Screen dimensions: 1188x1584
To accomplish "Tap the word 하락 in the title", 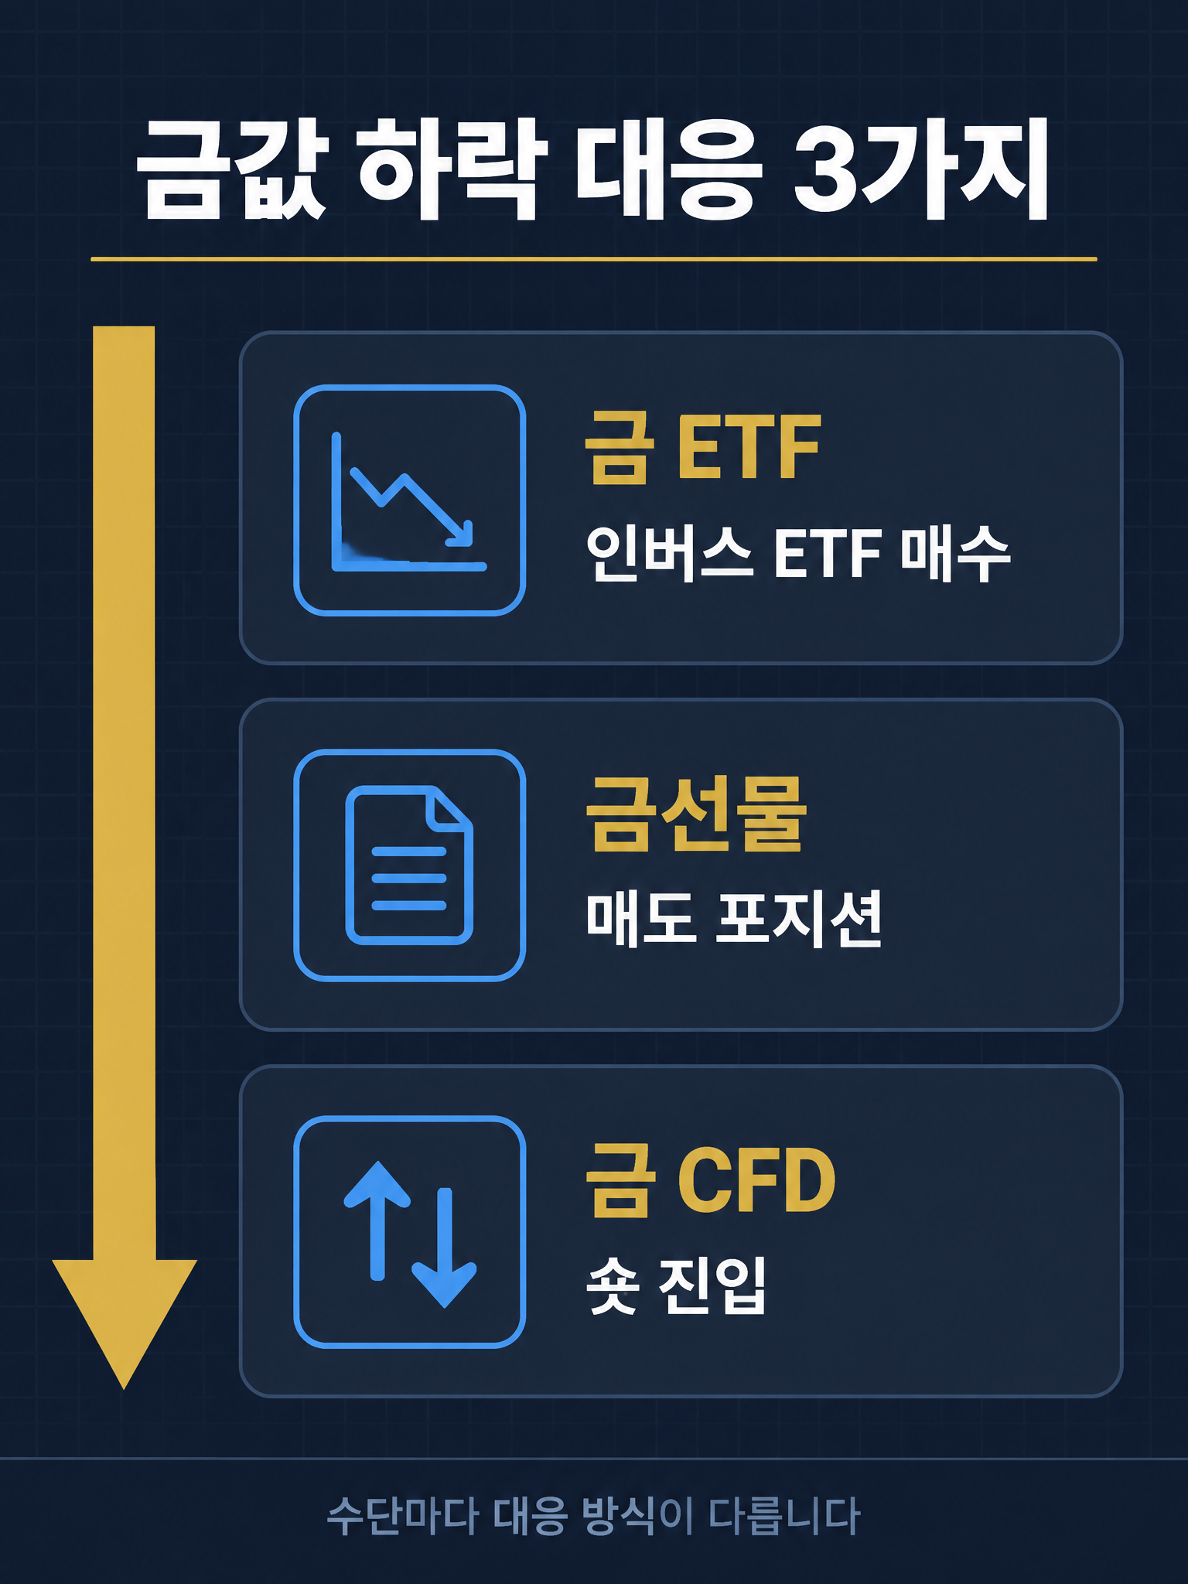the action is point(453,169).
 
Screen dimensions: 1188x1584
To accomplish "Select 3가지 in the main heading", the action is point(921,169).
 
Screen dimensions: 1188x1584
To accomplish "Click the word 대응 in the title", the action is point(666,169).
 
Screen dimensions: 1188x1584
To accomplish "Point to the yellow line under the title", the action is point(594,259).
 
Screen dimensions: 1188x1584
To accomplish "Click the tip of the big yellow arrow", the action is point(124,1388).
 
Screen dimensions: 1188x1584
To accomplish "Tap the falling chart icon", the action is point(409,500).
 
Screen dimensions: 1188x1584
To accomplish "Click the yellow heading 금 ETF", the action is point(702,448).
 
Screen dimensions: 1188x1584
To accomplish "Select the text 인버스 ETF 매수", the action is point(797,552).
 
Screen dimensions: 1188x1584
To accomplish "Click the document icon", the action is point(409,865).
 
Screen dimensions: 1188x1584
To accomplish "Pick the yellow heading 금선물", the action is point(695,814).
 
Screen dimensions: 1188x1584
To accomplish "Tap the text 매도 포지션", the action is point(733,919).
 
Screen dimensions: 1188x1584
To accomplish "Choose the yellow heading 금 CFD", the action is point(710,1180).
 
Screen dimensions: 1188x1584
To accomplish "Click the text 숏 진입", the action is point(676,1285).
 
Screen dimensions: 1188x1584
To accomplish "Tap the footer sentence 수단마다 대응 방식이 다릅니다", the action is point(593,1516).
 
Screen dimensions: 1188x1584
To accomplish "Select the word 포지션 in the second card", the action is point(800,919).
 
